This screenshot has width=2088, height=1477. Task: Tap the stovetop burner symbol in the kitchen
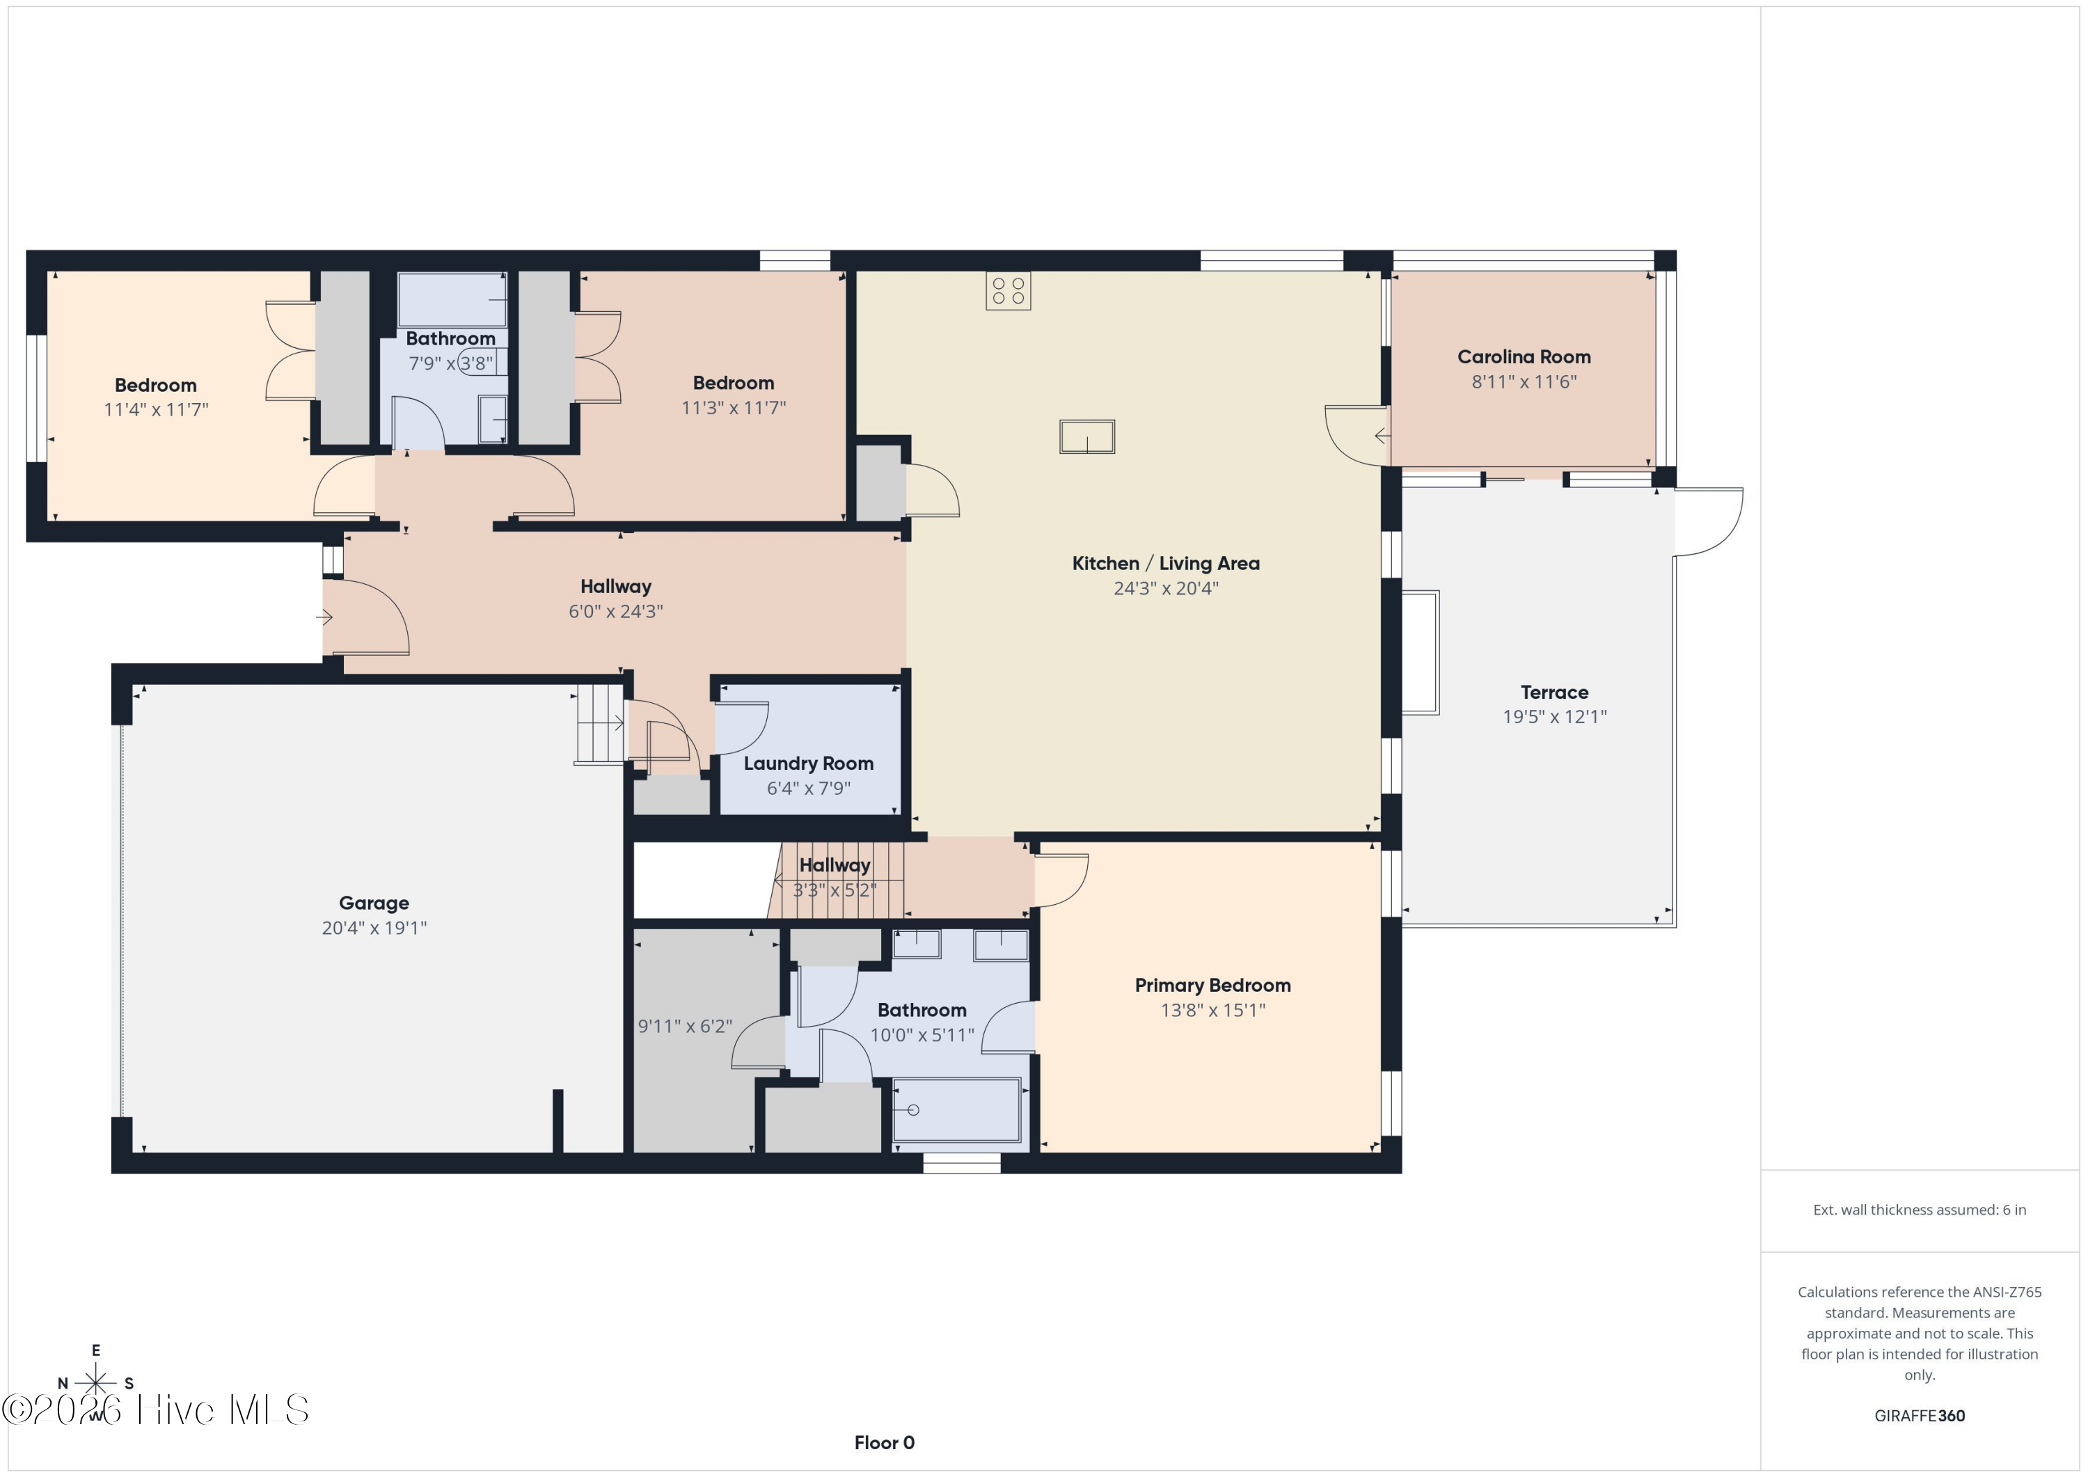(x=1009, y=291)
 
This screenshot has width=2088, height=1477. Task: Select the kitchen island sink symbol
(x=1086, y=436)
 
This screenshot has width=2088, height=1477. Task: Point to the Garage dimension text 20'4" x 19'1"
(x=374, y=928)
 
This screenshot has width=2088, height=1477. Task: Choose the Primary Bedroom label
(x=1213, y=986)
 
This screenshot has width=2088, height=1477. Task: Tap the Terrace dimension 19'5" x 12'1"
(x=1554, y=717)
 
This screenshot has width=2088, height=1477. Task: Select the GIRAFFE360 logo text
(x=1920, y=1416)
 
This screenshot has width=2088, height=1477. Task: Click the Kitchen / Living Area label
(x=1166, y=564)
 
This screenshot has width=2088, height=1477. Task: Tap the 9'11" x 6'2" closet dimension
(x=685, y=1027)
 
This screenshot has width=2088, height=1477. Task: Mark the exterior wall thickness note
(x=1920, y=1210)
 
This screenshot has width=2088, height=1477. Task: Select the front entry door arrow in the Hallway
(x=324, y=617)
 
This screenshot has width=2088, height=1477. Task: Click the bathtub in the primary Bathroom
(x=957, y=1109)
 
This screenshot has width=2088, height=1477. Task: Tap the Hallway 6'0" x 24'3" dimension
(x=616, y=611)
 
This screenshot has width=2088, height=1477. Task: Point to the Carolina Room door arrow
(x=1382, y=436)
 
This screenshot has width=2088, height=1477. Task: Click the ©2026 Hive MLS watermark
(x=155, y=1409)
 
